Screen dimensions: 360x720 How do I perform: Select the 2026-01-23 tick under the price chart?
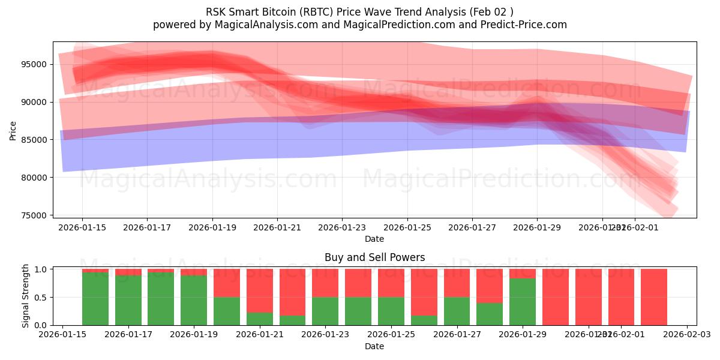point(342,228)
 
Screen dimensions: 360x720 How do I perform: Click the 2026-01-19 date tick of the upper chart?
point(212,228)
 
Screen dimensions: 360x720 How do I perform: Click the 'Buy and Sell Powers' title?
point(374,257)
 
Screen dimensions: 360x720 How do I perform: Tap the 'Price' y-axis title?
point(13,130)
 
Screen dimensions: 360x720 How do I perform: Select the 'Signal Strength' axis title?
point(26,296)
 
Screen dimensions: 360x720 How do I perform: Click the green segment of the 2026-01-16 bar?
point(95,298)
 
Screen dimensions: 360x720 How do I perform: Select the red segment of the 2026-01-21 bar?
point(260,290)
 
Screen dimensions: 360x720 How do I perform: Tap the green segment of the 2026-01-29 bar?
point(523,301)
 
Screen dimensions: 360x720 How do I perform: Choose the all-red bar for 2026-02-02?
point(654,297)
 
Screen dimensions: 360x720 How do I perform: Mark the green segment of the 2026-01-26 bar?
point(424,320)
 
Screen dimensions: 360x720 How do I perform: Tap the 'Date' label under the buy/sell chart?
point(374,346)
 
